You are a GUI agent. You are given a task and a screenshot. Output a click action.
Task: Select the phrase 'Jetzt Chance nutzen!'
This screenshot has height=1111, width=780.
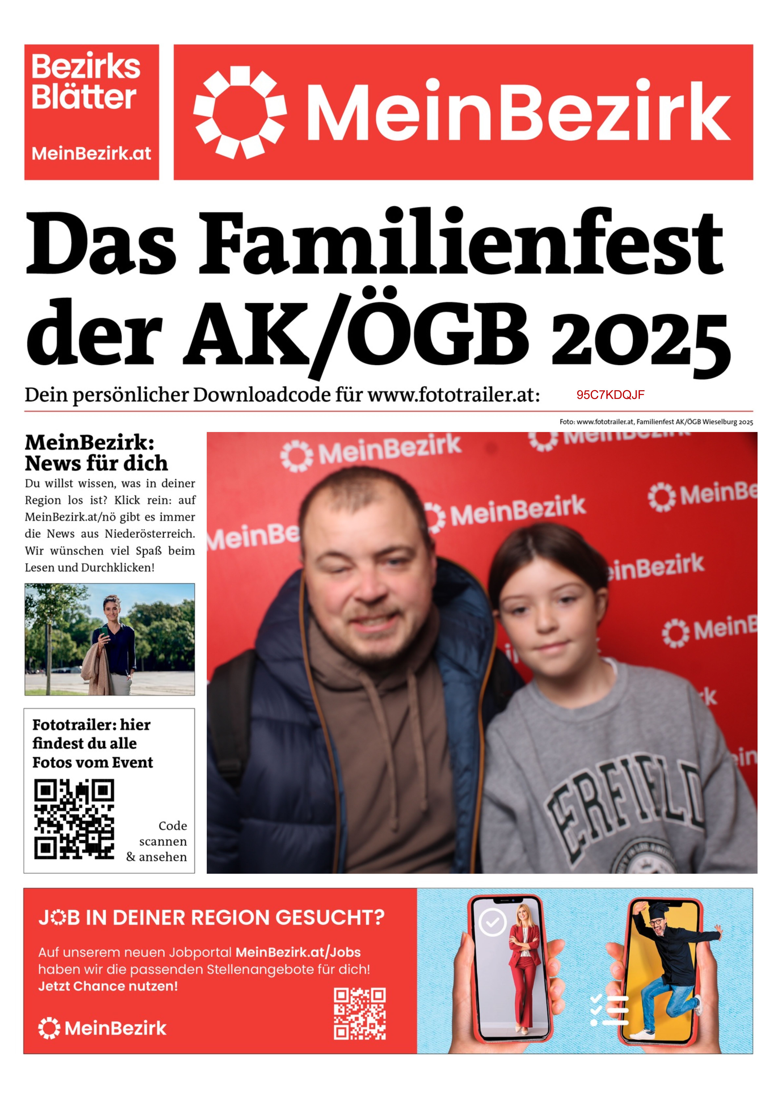108,986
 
